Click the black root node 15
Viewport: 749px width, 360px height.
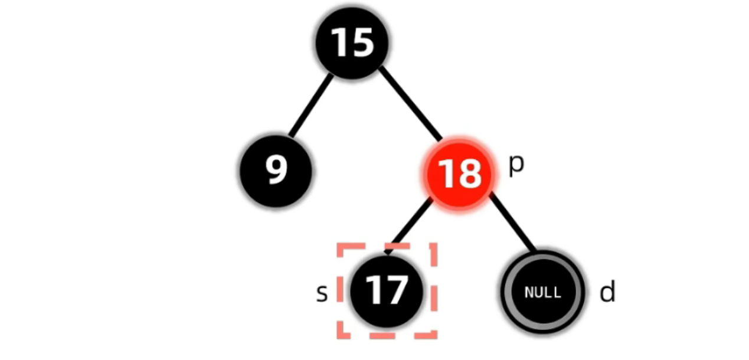[x=352, y=42]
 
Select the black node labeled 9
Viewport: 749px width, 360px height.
[x=276, y=171]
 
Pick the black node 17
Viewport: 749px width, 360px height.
[x=387, y=291]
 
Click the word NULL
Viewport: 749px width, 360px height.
[x=542, y=292]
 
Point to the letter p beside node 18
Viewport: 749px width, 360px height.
[x=516, y=166]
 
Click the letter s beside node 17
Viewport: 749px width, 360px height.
[x=322, y=293]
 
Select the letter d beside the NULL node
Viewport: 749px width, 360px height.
[x=607, y=292]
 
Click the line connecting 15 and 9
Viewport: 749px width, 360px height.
[x=310, y=106]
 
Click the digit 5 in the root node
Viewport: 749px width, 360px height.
[x=363, y=42]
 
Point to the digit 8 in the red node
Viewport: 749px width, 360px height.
[x=469, y=174]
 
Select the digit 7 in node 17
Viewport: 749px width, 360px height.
[x=396, y=291]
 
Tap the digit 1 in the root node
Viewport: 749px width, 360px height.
[x=341, y=42]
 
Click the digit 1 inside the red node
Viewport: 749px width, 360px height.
[x=447, y=174]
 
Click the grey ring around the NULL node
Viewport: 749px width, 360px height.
[x=506, y=292]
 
